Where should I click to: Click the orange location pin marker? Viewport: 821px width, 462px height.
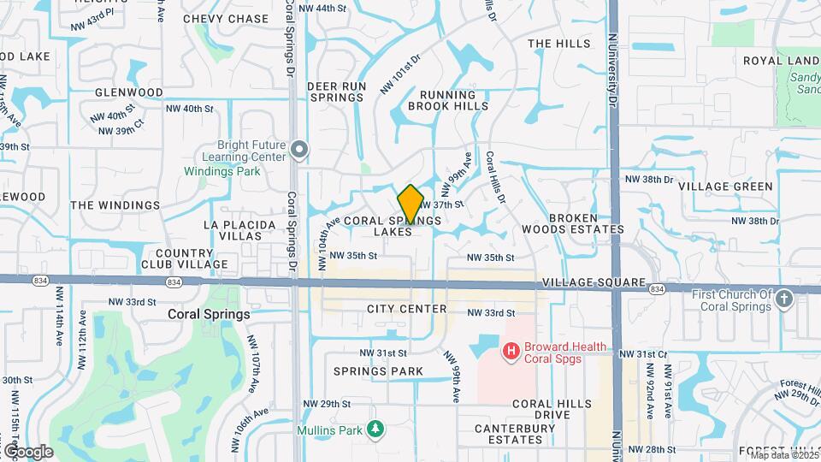[x=410, y=204]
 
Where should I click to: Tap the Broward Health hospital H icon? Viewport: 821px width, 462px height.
[x=511, y=351]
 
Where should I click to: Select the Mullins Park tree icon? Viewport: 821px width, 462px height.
[x=375, y=427]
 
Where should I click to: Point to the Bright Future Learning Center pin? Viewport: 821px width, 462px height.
[x=298, y=151]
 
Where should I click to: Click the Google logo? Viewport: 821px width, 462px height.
[x=27, y=451]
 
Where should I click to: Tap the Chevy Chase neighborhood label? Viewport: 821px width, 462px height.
[x=226, y=19]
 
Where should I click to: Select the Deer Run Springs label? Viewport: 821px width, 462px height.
[x=336, y=92]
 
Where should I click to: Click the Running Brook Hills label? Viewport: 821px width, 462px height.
[x=448, y=101]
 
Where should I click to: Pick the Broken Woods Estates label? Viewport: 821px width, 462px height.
[x=586, y=224]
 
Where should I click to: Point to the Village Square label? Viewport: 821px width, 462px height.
[x=593, y=282]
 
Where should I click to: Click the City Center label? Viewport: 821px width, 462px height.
[x=407, y=309]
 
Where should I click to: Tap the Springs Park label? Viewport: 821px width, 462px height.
[x=378, y=371]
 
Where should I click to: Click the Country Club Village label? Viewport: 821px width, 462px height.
[x=192, y=258]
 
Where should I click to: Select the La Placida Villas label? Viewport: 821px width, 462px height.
[x=239, y=230]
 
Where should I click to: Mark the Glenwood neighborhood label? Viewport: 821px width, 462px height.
[x=128, y=92]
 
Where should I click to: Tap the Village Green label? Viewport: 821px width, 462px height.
[x=736, y=187]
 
